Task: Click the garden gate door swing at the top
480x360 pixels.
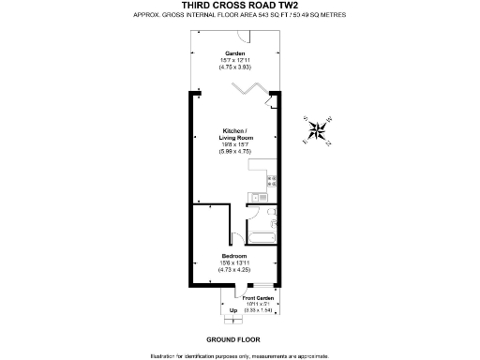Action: coord(242,36)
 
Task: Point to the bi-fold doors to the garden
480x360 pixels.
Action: coord(246,89)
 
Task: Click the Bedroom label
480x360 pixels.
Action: coord(233,255)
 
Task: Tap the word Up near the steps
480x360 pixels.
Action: coord(232,309)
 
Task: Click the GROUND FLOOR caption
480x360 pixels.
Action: coord(232,338)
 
